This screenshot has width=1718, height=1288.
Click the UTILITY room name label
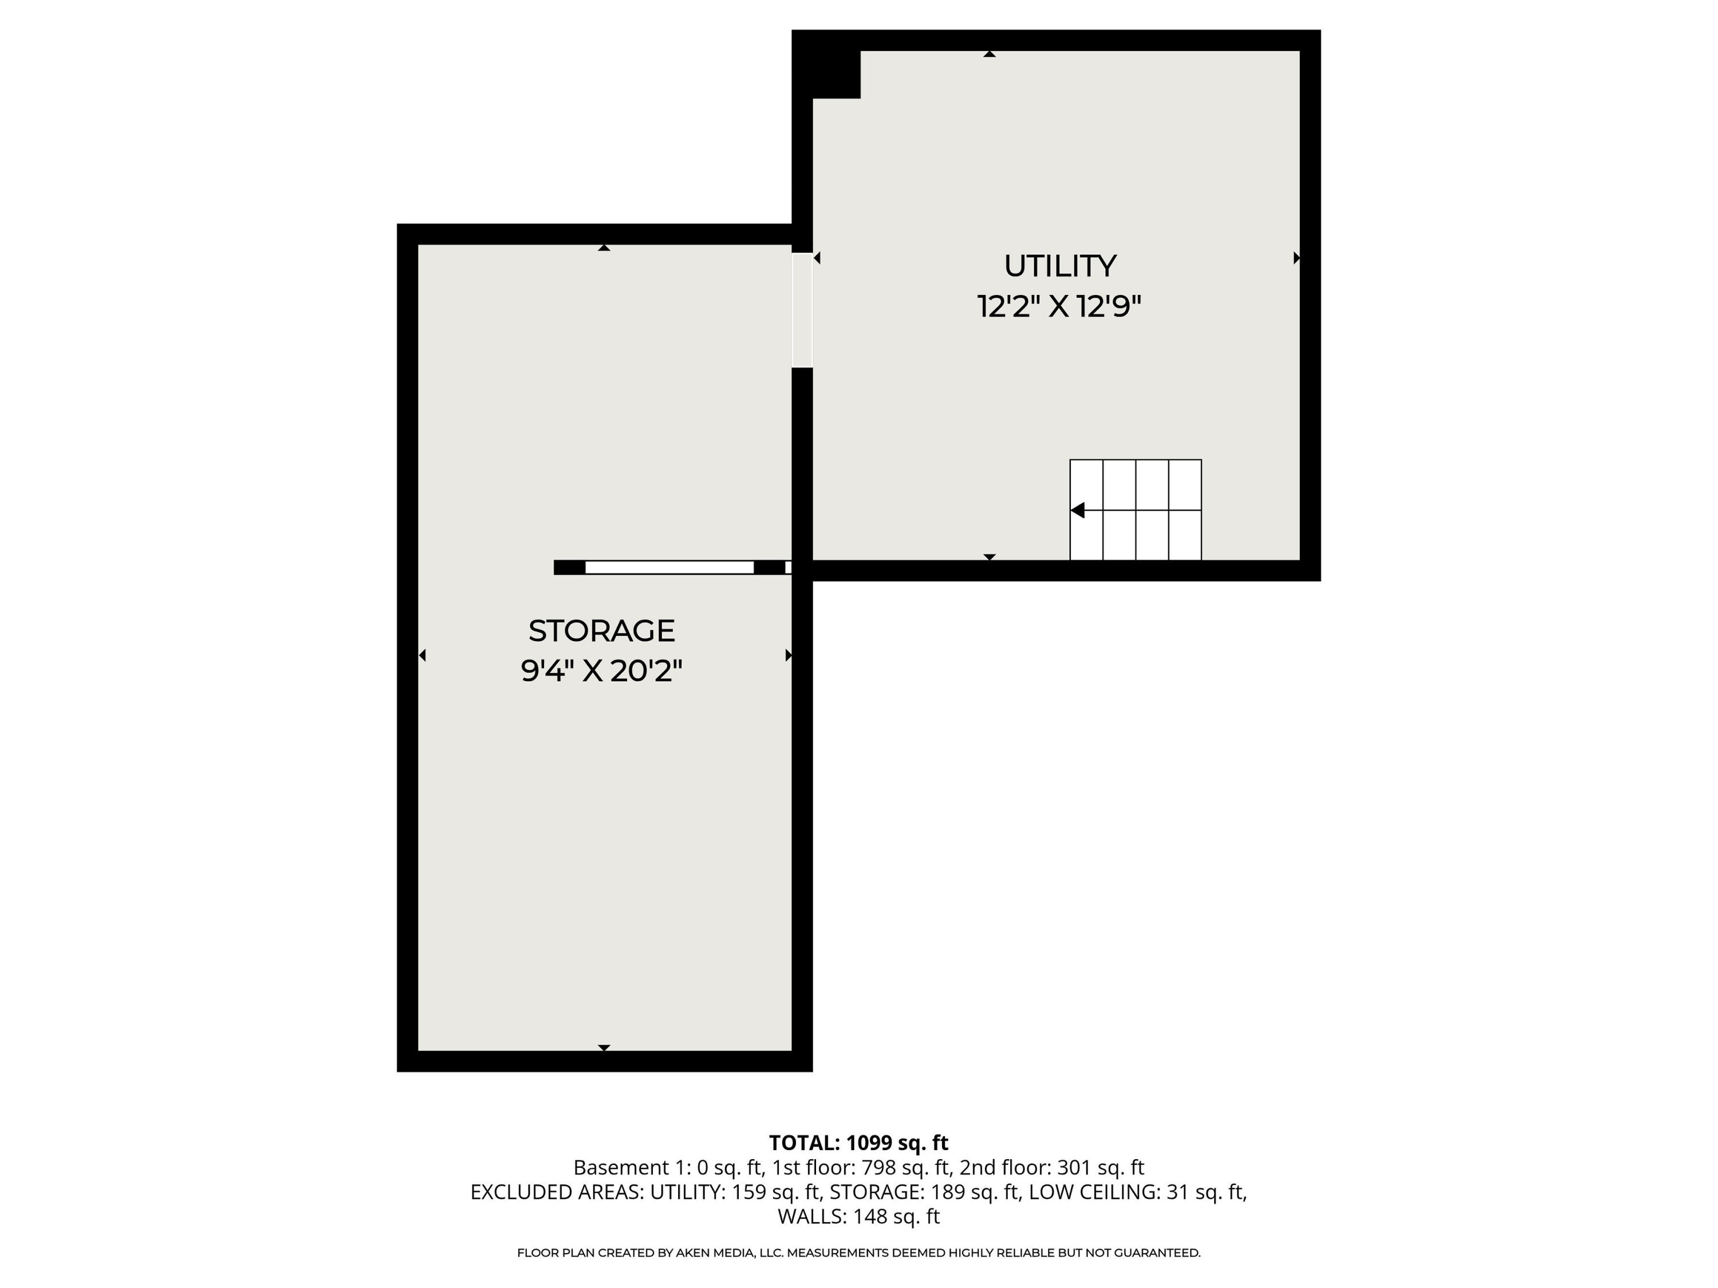click(1059, 266)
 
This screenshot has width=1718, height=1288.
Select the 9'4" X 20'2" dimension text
click(601, 671)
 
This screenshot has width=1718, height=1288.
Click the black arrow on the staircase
click(1077, 510)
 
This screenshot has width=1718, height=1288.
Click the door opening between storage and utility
click(802, 310)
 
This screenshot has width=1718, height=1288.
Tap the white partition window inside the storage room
click(669, 567)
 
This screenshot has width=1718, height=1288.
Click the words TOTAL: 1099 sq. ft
click(858, 1143)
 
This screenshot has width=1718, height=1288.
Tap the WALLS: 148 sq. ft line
click(858, 1216)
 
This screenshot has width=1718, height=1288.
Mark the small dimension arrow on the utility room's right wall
click(1295, 258)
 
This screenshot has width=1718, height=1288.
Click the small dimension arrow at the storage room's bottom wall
click(604, 1048)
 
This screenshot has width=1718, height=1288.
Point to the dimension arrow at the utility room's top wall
click(990, 54)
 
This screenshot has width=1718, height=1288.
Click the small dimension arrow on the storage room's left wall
click(423, 655)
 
